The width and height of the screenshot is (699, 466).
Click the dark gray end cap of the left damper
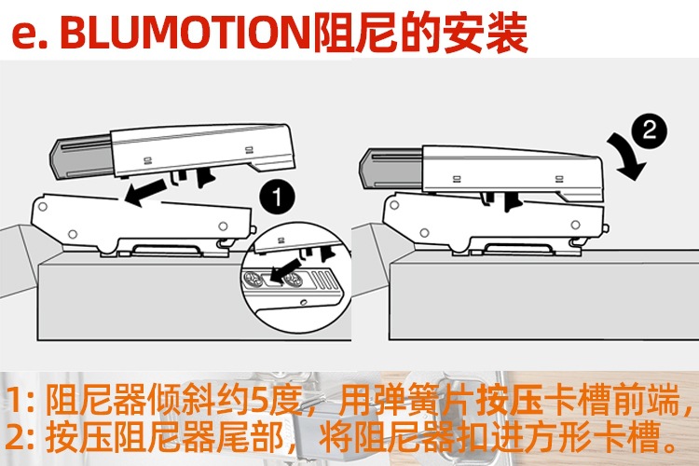pyautogui.click(x=78, y=155)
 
